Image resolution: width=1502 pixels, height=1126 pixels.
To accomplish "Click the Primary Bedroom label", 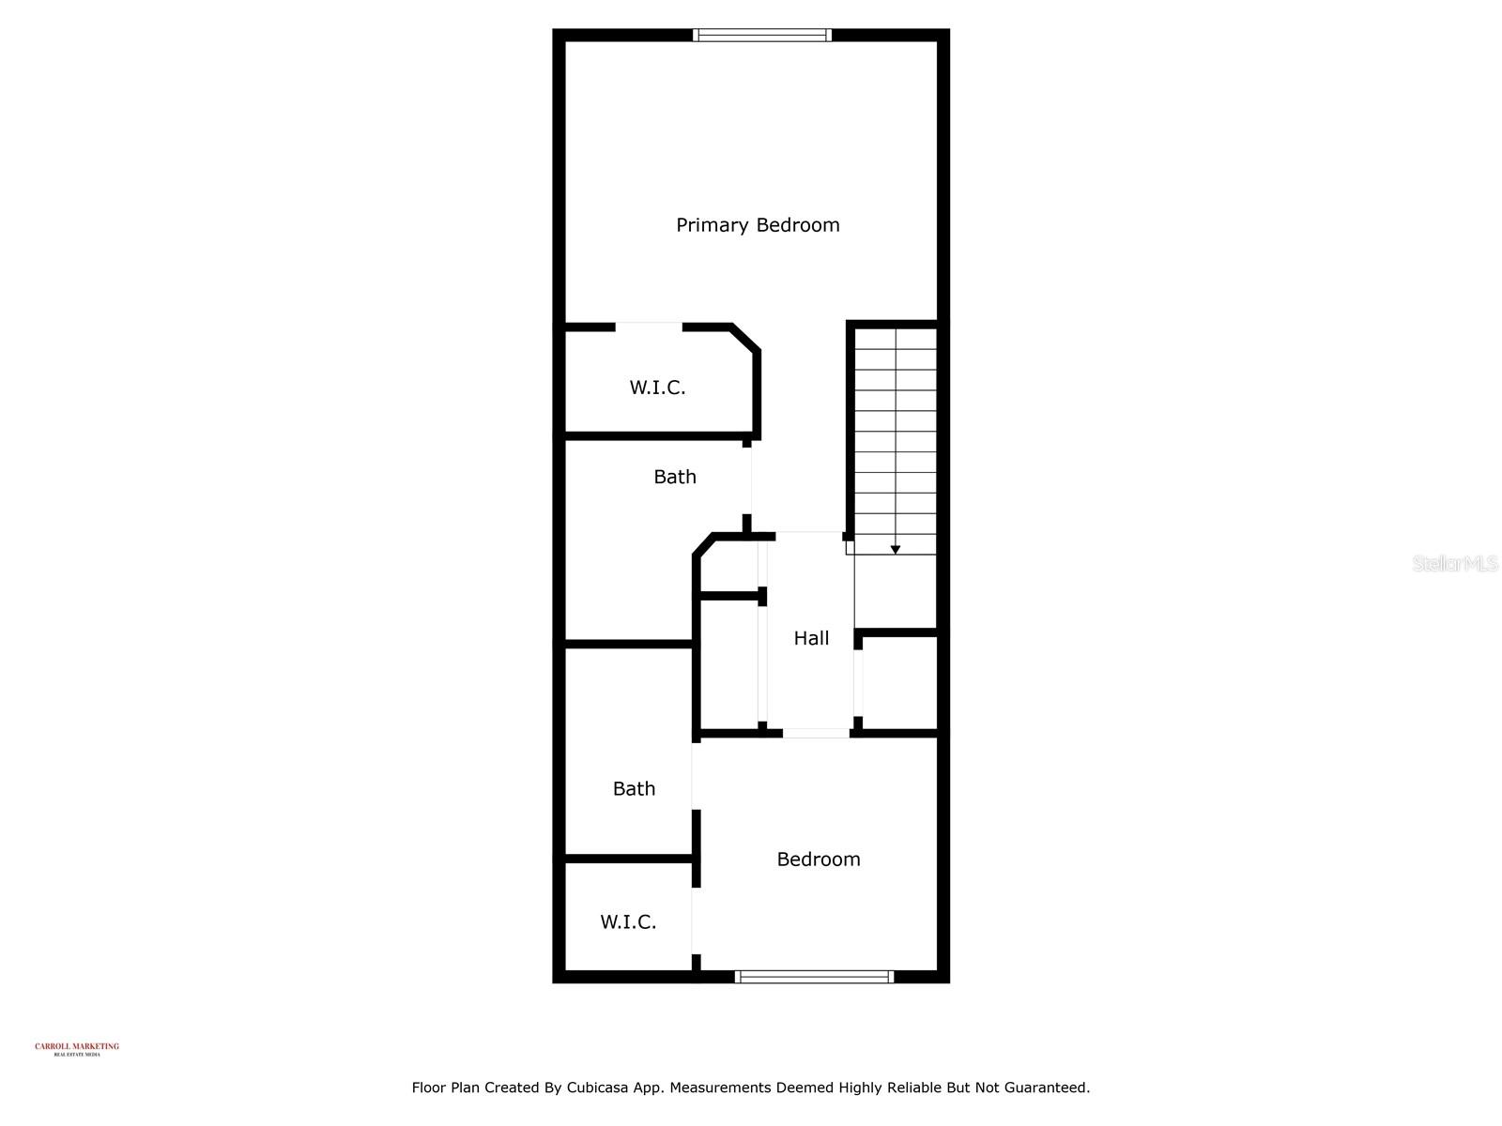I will tap(758, 225).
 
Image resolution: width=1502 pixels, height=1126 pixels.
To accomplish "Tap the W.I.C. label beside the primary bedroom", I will tap(657, 388).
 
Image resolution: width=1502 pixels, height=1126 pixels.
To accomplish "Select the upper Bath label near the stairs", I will tap(675, 477).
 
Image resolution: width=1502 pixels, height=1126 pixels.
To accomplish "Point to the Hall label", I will tap(811, 638).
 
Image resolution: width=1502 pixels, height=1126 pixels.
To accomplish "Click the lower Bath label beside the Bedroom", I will tap(634, 789).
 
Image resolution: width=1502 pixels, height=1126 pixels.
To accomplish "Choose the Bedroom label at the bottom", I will tap(819, 860).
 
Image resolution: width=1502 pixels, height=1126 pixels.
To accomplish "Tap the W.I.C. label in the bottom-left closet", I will tap(628, 922).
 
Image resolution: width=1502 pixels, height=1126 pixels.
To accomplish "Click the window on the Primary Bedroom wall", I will tap(762, 36).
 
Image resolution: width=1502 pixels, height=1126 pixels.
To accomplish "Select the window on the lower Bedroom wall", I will tap(814, 977).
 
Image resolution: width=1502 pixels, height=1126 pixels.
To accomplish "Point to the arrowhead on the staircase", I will tap(896, 549).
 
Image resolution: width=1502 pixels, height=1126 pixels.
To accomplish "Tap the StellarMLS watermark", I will tap(1455, 564).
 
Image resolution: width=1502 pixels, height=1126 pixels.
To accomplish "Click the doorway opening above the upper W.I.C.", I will tap(649, 327).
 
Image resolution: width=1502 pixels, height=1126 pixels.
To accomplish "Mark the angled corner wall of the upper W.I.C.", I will tap(745, 339).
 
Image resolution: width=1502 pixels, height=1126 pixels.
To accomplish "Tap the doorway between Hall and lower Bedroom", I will tap(816, 733).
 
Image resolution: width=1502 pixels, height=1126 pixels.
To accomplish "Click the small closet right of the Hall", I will tap(899, 682).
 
